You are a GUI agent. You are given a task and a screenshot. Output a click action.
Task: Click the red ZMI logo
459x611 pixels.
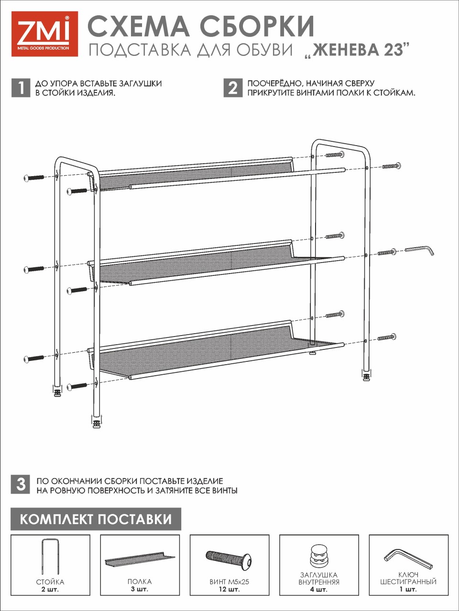pos(44,34)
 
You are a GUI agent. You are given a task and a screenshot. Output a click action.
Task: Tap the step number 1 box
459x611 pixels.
pos(21,88)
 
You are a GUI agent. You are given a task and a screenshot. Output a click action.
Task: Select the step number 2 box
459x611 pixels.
pos(233,88)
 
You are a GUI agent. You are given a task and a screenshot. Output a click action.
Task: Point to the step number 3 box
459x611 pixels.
pos(21,485)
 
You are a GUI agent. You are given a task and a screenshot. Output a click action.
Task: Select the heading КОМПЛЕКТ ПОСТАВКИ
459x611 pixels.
pos(96,519)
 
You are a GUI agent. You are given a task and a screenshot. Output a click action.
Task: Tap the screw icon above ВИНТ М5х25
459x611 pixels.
pos(229,559)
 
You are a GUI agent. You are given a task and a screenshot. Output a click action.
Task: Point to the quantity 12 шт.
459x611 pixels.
pos(229,590)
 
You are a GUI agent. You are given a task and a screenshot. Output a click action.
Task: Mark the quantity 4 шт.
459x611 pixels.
pos(319,590)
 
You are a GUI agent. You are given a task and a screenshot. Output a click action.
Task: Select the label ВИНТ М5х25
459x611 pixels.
pos(229,581)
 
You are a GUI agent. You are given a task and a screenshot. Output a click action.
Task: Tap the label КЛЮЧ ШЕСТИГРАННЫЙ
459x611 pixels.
pos(408,578)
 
